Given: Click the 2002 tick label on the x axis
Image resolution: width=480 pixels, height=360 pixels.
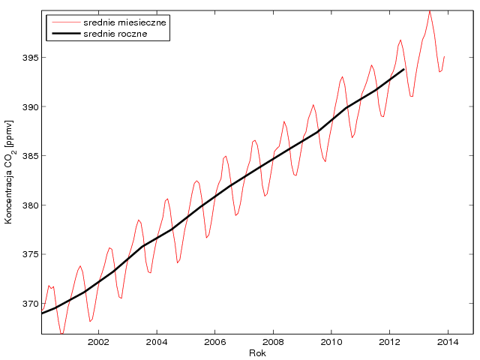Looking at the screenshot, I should [x=98, y=343].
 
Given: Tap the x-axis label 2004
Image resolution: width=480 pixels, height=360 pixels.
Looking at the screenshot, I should [x=157, y=343].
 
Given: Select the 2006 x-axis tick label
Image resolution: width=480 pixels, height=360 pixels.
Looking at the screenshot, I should [x=215, y=343].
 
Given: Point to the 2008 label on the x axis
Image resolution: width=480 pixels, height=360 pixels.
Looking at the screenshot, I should [x=273, y=343].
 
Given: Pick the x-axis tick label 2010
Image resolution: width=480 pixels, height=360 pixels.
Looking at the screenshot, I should [x=331, y=343].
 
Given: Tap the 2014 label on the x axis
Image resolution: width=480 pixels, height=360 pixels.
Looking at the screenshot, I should [x=448, y=343].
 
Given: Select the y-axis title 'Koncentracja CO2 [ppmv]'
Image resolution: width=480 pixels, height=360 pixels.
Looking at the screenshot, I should [x=10, y=172].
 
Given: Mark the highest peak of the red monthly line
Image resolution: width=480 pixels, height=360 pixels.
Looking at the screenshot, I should [x=430, y=10].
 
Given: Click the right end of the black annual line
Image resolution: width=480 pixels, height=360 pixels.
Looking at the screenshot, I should [x=404, y=69].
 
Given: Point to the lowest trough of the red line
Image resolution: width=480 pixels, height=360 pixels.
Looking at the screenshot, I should [x=62, y=334].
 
